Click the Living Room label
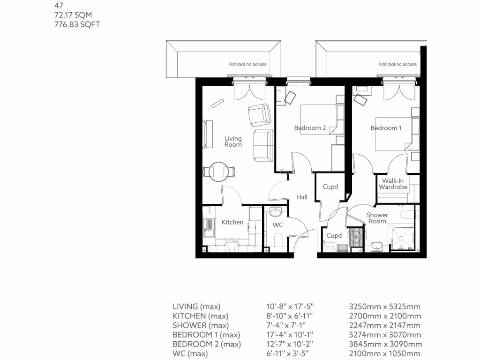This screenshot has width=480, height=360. point(233,142)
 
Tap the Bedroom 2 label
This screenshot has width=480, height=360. point(310,128)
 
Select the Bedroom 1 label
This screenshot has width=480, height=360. point(386,128)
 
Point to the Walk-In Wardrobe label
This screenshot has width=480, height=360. point(393,184)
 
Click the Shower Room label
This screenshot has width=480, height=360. point(377,218)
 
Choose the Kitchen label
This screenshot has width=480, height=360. point(232,222)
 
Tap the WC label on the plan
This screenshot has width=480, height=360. point(278,225)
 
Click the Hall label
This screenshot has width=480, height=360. point(302,197)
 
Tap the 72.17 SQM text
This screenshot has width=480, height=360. point(73,15)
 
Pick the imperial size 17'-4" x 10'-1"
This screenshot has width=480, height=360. point(290,335)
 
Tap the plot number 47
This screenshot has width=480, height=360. point(59,7)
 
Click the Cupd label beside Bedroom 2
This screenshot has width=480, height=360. point(330,187)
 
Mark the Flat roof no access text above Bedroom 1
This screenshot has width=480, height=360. point(397,64)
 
